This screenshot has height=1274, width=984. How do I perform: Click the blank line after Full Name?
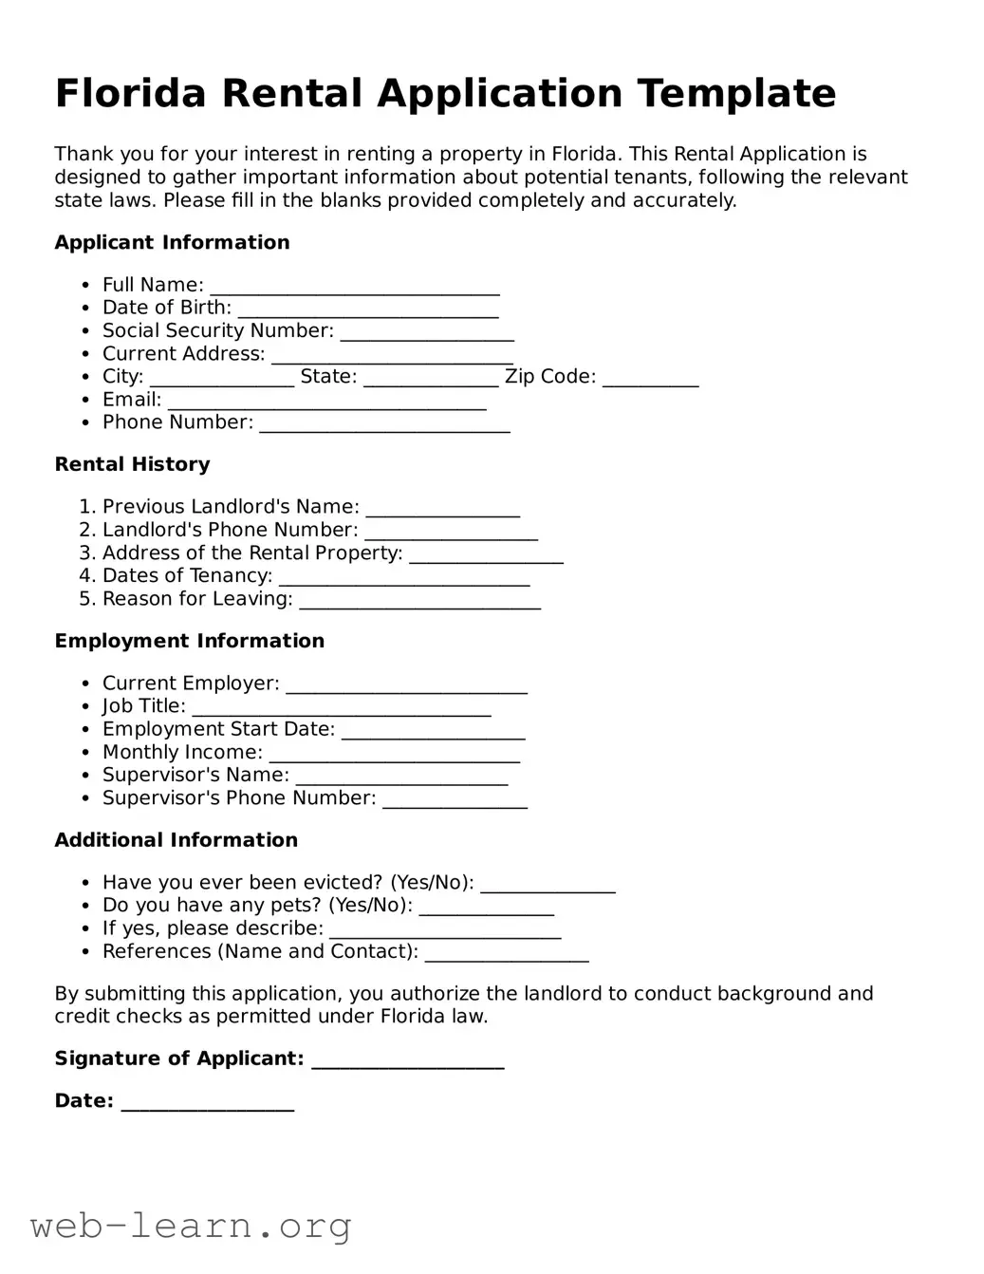pyautogui.click(x=354, y=286)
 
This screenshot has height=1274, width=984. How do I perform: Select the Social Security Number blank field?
pyautogui.click(x=426, y=331)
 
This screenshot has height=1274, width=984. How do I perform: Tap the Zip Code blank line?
pyautogui.click(x=650, y=378)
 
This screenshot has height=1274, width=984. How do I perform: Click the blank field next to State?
pyautogui.click(x=430, y=378)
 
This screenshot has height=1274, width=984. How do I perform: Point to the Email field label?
pyautogui.click(x=131, y=400)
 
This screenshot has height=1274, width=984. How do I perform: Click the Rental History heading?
pyautogui.click(x=132, y=464)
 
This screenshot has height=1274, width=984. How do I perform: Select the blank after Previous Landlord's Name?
pyautogui.click(x=442, y=507)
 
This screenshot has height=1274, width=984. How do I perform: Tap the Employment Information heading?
pyautogui.click(x=189, y=641)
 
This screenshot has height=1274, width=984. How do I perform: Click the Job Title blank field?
pyautogui.click(x=341, y=707)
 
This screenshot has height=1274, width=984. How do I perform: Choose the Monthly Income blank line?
pyautogui.click(x=394, y=753)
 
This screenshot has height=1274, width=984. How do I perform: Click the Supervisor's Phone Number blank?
pyautogui.click(x=454, y=799)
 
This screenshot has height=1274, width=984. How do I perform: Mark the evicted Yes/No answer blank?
pyautogui.click(x=548, y=884)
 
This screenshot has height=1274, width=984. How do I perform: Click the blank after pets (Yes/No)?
pyautogui.click(x=486, y=907)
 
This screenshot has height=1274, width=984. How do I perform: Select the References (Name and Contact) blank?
pyautogui.click(x=506, y=952)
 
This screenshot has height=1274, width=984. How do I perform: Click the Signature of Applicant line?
pyautogui.click(x=407, y=1059)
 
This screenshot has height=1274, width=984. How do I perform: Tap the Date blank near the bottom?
pyautogui.click(x=207, y=1102)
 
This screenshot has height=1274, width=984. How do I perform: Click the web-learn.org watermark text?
pyautogui.click(x=191, y=1226)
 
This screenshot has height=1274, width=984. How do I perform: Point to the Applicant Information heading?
pyautogui.click(x=172, y=242)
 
